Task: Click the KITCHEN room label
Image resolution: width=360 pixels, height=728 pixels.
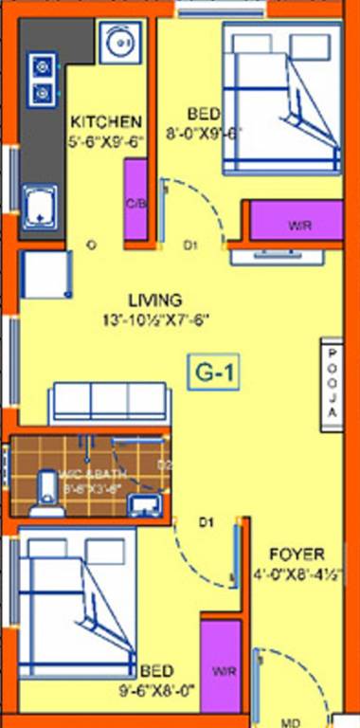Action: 106,121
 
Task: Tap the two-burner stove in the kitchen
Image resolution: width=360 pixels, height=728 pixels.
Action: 43,79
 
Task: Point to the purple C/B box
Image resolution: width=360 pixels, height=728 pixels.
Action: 135,200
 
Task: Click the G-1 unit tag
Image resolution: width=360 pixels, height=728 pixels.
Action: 215,373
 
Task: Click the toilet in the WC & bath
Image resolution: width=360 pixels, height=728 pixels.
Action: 41,494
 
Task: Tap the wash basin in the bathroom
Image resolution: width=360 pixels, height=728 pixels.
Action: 145,501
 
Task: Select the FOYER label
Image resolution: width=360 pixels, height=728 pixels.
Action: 297,554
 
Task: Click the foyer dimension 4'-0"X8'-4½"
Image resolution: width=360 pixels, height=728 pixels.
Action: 296,573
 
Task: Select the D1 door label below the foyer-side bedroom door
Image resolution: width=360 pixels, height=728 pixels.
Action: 205,521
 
